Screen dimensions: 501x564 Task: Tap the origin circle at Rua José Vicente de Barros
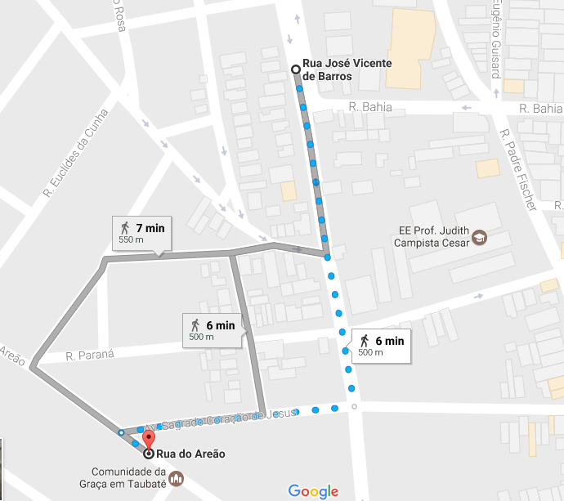[296, 70]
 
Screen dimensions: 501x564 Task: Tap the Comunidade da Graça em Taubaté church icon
[177, 477]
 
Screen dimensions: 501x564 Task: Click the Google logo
[313, 491]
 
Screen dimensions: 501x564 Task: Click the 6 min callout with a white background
[380, 345]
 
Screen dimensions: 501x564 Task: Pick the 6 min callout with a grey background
[211, 329]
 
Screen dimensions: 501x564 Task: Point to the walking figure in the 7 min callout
[125, 228]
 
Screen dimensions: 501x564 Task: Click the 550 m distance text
[131, 240]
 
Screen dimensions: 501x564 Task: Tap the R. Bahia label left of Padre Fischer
[370, 107]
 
